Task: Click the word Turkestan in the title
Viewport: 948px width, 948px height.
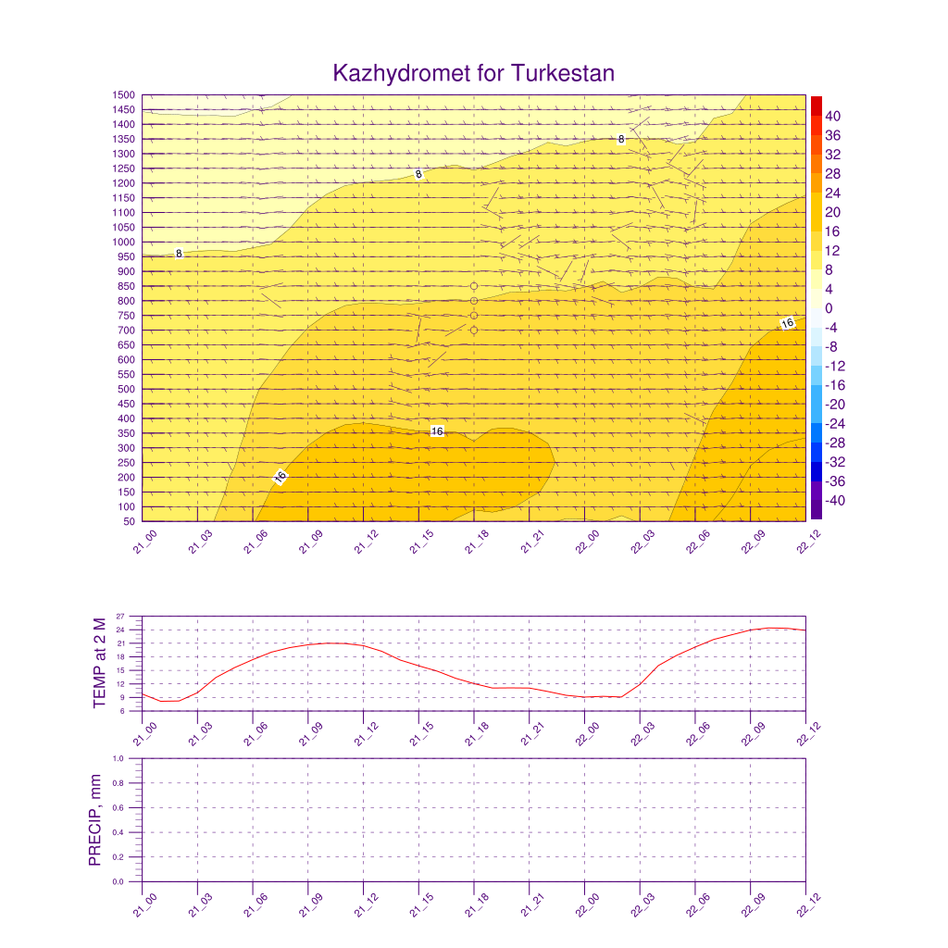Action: (562, 73)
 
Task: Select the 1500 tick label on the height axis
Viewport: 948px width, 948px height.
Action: (124, 94)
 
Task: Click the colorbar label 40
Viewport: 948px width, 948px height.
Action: (832, 116)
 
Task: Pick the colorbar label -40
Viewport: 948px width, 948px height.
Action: (832, 501)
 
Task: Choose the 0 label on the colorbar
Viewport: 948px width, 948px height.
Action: (829, 308)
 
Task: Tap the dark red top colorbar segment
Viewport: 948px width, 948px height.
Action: (816, 106)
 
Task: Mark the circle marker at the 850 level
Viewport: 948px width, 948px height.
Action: (474, 286)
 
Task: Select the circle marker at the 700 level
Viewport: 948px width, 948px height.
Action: (474, 331)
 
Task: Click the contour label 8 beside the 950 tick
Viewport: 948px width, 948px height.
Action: (179, 253)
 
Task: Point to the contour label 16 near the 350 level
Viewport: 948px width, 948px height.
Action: (437, 431)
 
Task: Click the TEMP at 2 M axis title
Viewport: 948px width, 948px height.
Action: (100, 663)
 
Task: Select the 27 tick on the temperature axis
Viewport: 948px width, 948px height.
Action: (120, 617)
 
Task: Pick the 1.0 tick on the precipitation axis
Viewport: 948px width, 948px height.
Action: (118, 758)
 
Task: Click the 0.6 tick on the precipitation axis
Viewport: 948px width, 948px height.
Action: (118, 807)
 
